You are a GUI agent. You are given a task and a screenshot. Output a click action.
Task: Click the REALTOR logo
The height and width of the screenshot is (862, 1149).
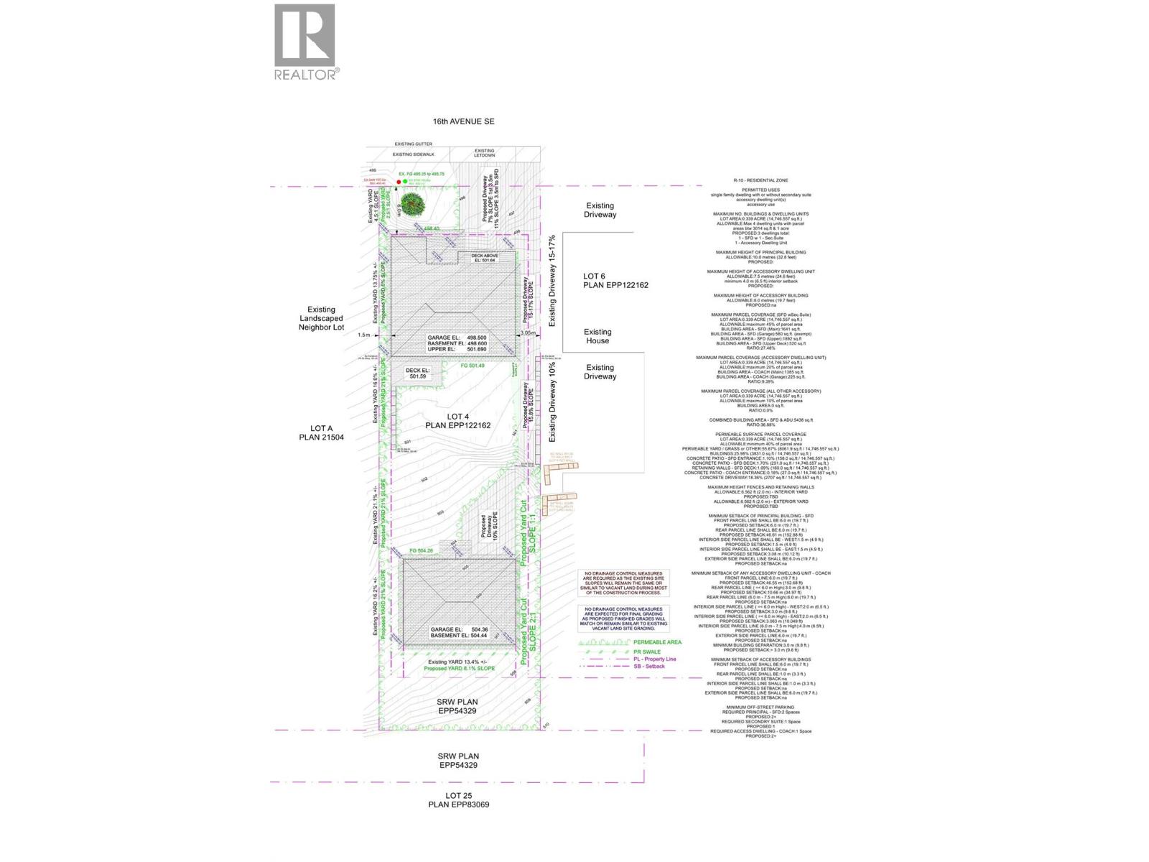pos(304,42)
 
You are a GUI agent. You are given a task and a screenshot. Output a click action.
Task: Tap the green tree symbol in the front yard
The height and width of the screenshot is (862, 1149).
pos(412,204)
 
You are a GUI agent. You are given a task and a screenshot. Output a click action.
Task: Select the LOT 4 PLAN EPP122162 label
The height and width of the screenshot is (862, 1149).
pos(457,421)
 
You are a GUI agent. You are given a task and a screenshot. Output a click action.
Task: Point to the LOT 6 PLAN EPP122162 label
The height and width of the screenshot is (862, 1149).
pos(615,281)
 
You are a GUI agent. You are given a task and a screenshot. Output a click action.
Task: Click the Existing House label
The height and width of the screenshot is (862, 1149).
pos(597,336)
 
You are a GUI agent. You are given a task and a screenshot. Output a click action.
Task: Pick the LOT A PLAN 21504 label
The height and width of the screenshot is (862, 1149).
pos(321,432)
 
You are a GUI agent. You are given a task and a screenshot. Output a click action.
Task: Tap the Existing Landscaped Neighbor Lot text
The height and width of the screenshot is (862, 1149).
pos(321,318)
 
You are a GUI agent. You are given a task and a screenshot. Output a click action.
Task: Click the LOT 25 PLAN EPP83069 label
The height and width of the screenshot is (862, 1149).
pos(458,800)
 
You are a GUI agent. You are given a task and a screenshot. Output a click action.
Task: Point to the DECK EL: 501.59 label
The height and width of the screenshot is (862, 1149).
pos(417,373)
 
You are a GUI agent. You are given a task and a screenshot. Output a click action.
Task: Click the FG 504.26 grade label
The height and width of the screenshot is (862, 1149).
pos(422,551)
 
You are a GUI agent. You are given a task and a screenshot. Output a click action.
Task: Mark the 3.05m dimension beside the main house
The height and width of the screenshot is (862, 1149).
pos(528,333)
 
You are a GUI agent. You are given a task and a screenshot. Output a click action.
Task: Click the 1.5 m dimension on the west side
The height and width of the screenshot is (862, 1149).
pos(365,335)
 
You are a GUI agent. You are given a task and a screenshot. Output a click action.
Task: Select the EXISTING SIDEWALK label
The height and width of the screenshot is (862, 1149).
pos(413,154)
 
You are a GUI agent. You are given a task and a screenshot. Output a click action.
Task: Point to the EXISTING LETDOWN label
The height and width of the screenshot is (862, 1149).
pos(484,153)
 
